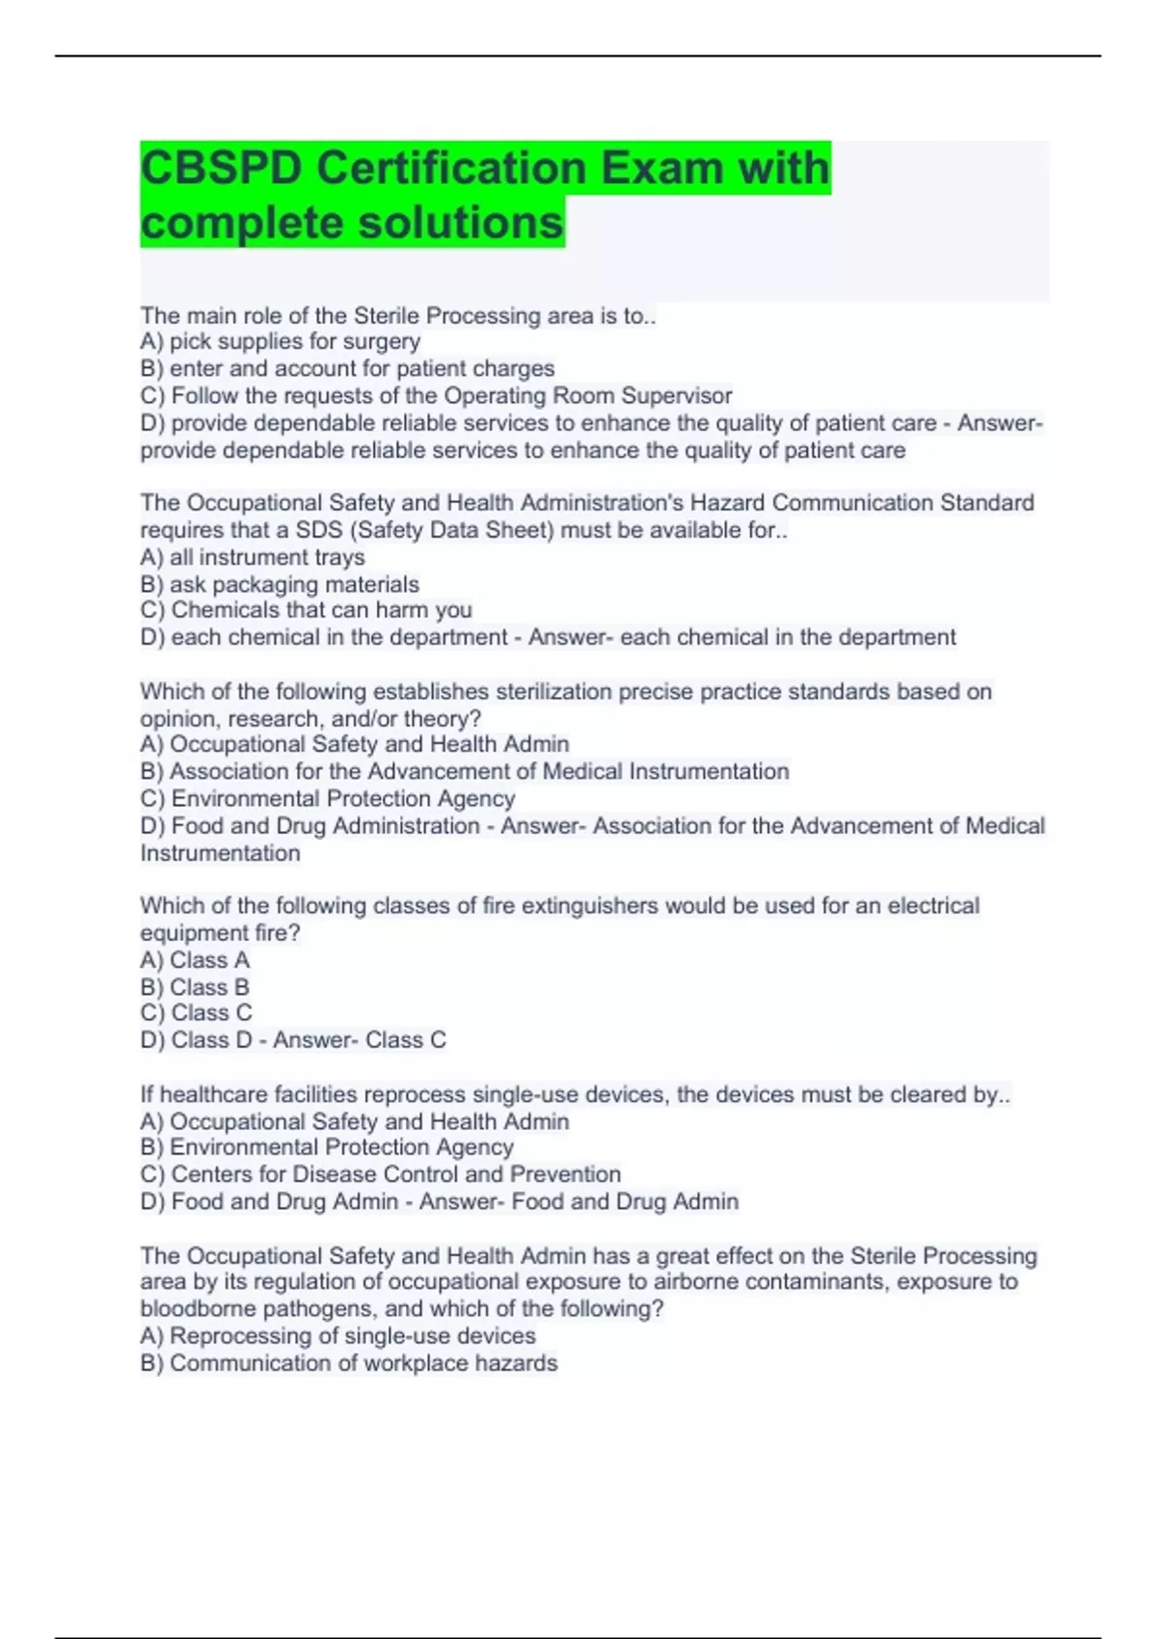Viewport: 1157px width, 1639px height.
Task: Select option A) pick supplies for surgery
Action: [280, 341]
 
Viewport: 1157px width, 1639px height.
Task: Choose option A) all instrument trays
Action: [253, 557]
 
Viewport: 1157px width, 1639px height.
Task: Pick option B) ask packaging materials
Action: [280, 584]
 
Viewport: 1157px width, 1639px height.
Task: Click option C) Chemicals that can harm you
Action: [306, 610]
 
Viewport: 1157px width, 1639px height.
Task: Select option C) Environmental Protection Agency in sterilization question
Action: [328, 798]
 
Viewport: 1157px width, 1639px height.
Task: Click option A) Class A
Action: [195, 960]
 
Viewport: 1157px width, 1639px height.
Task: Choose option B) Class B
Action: [195, 987]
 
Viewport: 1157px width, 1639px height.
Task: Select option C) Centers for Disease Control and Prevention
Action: [380, 1174]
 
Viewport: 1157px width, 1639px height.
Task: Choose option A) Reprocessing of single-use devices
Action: [337, 1336]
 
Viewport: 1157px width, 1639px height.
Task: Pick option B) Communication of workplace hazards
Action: [348, 1363]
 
